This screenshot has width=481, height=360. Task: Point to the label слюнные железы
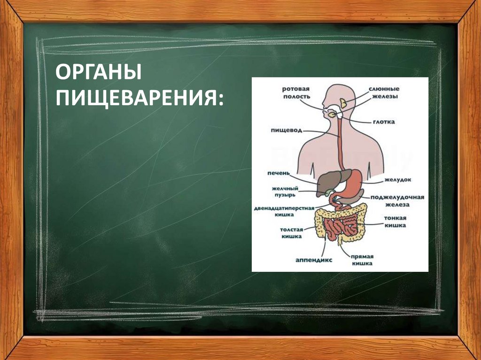tap(384, 92)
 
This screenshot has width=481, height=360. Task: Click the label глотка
tap(385, 122)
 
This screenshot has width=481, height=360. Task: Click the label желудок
tap(398, 179)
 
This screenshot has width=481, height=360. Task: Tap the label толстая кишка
tap(291, 233)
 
